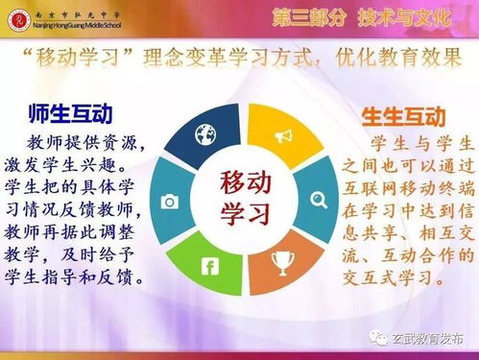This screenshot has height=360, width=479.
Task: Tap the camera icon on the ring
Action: point(170,202)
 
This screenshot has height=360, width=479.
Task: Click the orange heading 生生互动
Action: point(403,117)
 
